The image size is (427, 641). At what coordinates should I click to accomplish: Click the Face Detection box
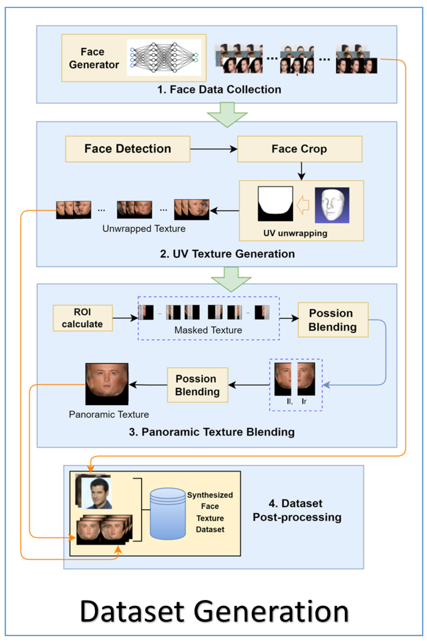click(127, 149)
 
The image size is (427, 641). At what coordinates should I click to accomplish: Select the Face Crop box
click(300, 149)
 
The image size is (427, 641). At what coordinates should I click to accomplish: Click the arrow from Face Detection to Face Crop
click(214, 149)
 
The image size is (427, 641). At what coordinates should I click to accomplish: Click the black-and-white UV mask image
click(275, 203)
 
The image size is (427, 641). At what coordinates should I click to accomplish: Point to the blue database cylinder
click(168, 513)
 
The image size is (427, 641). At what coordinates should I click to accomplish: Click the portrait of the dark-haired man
click(96, 493)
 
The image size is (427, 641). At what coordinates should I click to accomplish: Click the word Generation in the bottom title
click(271, 612)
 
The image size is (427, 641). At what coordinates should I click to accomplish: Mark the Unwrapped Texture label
click(144, 228)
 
